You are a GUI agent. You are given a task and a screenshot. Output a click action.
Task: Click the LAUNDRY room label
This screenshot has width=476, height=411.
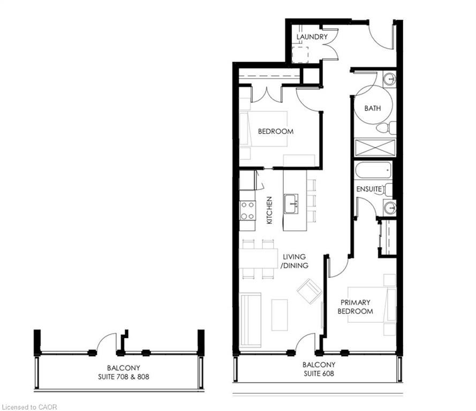point(312,37)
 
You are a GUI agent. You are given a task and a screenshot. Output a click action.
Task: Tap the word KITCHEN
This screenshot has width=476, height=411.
point(269,210)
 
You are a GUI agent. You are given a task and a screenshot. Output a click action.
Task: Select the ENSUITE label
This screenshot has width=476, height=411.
point(369,189)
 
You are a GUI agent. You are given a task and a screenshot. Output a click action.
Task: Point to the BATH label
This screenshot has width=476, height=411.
point(373,108)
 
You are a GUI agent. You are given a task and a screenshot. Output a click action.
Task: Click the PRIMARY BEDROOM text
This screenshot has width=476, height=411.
point(355,307)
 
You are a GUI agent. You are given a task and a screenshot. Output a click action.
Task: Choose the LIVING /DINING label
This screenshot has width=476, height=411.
point(294,261)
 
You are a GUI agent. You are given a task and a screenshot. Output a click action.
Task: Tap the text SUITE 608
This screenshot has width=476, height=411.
point(319,374)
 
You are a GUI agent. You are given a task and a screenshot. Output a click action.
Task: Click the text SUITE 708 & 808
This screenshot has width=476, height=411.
point(124,377)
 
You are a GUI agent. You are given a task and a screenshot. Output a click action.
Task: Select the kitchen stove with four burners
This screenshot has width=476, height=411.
point(247,211)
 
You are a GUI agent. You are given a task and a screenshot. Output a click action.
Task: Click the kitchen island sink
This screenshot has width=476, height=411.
point(291,203)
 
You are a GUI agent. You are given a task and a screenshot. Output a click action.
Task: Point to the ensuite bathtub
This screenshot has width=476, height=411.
point(373,171)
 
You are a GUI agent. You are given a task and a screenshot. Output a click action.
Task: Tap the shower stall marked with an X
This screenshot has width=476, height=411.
point(375,148)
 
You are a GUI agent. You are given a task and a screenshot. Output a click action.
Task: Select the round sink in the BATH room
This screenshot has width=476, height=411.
point(389,79)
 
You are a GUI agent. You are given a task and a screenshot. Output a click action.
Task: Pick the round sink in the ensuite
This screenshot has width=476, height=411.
point(390,208)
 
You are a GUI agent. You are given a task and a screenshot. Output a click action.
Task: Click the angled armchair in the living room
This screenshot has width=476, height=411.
point(309,292)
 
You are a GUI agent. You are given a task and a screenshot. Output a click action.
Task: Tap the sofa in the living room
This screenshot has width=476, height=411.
point(251,319)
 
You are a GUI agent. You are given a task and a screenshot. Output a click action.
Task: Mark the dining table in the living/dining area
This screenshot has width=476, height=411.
point(259,258)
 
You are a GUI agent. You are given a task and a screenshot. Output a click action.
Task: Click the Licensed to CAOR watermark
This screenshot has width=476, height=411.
point(29,407)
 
